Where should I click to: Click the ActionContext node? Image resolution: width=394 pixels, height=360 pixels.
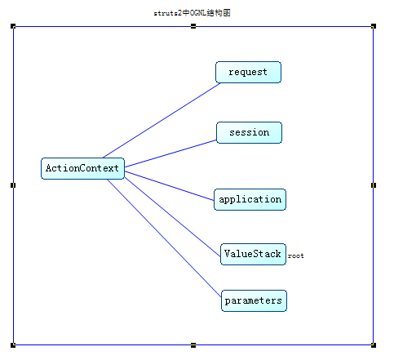pyautogui.click(x=82, y=168)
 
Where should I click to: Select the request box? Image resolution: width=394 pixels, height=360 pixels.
pyautogui.click(x=248, y=72)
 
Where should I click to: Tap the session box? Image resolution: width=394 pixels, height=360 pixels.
pyautogui.click(x=249, y=132)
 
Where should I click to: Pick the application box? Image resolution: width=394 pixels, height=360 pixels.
pyautogui.click(x=250, y=199)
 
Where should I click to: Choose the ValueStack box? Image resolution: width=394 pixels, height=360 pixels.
pyautogui.click(x=252, y=253)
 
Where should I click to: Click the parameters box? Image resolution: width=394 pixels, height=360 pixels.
pyautogui.click(x=254, y=300)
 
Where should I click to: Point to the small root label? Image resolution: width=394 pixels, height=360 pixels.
pyautogui.click(x=295, y=256)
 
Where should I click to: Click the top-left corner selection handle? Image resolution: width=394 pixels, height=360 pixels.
pyautogui.click(x=14, y=26)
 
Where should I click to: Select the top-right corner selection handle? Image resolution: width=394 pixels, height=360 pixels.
pyautogui.click(x=374, y=26)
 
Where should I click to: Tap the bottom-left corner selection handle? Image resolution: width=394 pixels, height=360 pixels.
pyautogui.click(x=14, y=344)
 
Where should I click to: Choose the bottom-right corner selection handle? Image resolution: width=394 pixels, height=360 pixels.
pyautogui.click(x=374, y=344)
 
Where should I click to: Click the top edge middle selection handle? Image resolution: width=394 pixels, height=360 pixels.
pyautogui.click(x=193, y=26)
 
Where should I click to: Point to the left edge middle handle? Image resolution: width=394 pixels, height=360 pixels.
pyautogui.click(x=14, y=185)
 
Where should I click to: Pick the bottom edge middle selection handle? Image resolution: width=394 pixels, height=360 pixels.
pyautogui.click(x=193, y=344)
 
